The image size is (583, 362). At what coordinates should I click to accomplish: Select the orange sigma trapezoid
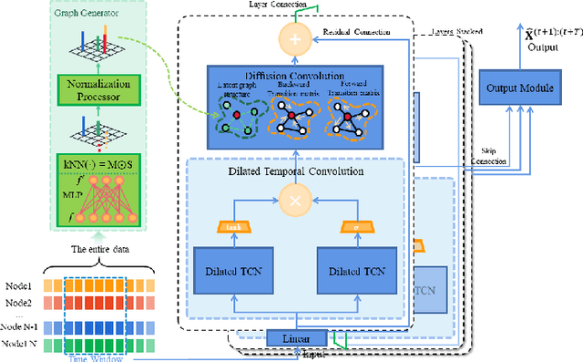(358, 226)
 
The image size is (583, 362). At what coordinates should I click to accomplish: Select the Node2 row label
(19, 302)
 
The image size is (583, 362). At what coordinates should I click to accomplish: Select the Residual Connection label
(357, 32)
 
